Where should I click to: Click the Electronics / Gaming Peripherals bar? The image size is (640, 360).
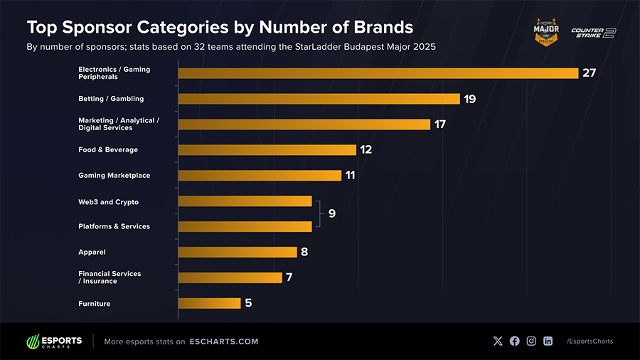tap(378, 73)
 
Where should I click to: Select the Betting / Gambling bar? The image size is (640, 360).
tap(319, 99)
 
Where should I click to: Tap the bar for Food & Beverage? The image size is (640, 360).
tap(267, 149)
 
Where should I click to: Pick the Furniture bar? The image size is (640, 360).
tap(210, 303)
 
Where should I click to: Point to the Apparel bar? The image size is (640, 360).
tap(238, 252)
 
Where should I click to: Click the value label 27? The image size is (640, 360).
tap(589, 73)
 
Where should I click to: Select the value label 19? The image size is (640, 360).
tap(469, 99)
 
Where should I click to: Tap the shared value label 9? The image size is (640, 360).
tap(331, 213)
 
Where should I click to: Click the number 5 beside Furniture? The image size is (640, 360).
tap(248, 303)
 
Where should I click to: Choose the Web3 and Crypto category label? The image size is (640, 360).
tap(108, 202)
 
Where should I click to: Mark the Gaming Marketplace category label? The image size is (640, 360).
tap(114, 175)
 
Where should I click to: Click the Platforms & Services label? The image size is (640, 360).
tap(114, 226)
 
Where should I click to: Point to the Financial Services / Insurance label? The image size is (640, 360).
tap(110, 277)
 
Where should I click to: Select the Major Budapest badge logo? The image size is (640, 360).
tap(546, 33)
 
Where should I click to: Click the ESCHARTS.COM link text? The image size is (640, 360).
tap(224, 342)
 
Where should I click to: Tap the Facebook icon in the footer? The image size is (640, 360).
tap(514, 342)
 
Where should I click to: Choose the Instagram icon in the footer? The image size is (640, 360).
tap(531, 342)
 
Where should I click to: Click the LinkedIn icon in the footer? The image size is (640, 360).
tap(548, 342)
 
